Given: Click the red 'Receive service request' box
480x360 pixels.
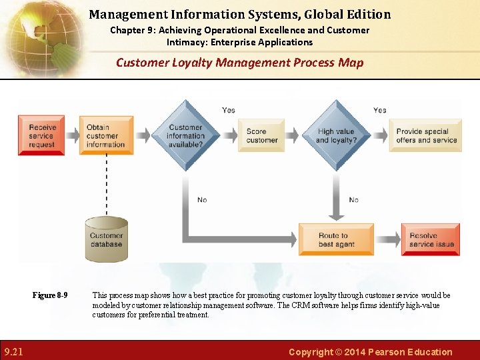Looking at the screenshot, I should (x=41, y=135).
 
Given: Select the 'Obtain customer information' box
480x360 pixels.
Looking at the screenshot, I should (x=106, y=135).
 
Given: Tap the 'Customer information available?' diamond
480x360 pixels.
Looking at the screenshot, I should (x=185, y=135).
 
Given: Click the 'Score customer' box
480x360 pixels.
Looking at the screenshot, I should (x=261, y=135).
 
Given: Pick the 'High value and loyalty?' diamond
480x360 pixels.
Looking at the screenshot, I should (x=336, y=135).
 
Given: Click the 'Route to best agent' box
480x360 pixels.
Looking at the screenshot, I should (x=336, y=239).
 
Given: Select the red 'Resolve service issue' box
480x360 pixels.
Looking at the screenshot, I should (x=431, y=239).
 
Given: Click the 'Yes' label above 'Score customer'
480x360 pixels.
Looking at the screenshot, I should (x=229, y=110).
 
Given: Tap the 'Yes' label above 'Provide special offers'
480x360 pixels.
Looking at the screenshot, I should (x=379, y=110).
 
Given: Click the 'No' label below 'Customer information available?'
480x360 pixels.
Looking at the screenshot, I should (x=202, y=199).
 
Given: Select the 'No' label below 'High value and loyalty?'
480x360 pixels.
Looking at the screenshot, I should (x=353, y=199).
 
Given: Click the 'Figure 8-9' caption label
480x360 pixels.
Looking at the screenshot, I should (x=50, y=295).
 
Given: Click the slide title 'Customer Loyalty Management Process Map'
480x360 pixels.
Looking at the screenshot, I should (x=240, y=63).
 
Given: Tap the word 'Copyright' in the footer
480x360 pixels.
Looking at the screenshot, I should (x=310, y=352).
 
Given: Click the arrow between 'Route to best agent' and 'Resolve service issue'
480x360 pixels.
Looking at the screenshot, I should (x=388, y=239).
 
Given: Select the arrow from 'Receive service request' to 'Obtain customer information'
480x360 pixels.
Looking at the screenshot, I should (x=72, y=135).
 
